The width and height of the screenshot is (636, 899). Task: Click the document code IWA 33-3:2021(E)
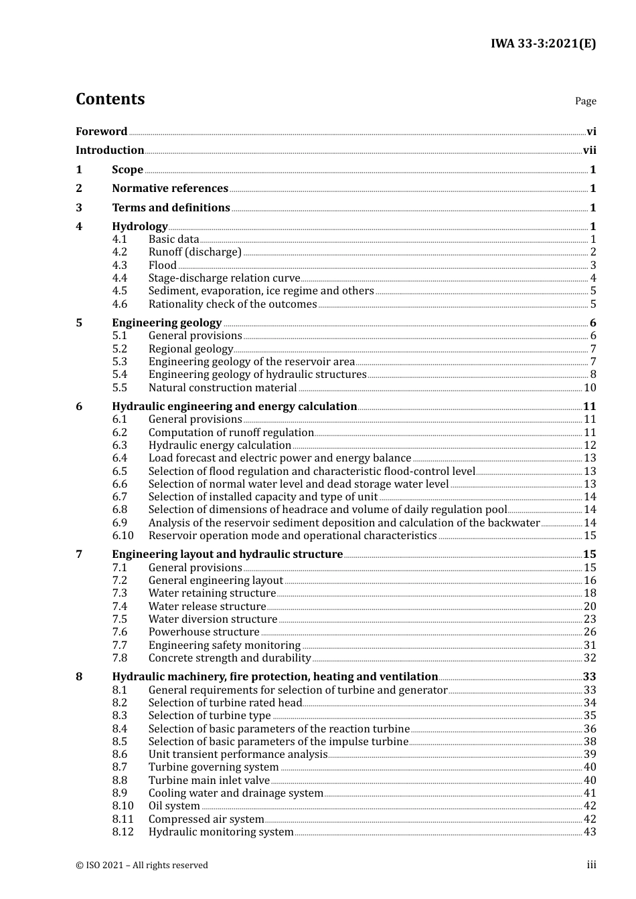click(x=543, y=44)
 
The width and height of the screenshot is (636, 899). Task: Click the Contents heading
click(x=110, y=99)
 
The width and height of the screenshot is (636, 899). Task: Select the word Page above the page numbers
click(x=585, y=101)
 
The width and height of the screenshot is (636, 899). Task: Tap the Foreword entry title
click(x=101, y=132)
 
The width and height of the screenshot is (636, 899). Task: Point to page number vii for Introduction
click(x=589, y=151)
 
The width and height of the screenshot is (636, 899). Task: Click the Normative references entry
click(x=170, y=189)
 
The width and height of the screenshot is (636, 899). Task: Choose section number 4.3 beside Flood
click(x=119, y=265)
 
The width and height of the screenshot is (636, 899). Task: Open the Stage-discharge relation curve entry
click(x=224, y=278)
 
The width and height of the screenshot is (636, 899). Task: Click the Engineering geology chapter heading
click(x=167, y=323)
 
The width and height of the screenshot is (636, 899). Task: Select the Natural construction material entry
click(x=222, y=388)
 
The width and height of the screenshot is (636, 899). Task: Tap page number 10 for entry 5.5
click(x=590, y=388)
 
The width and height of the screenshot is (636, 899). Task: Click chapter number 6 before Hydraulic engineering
click(x=79, y=407)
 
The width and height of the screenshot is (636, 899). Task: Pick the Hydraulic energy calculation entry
click(x=220, y=445)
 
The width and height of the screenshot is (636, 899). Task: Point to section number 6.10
click(x=123, y=536)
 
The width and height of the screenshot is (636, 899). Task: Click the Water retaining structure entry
click(x=212, y=593)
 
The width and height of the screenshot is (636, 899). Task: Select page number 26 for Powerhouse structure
click(x=590, y=632)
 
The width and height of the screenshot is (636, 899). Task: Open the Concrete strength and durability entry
click(x=230, y=658)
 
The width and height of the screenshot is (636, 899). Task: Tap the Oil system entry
click(x=174, y=806)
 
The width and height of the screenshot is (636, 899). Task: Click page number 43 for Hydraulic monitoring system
click(x=590, y=832)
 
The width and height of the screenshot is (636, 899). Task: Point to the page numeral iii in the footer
click(x=591, y=865)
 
